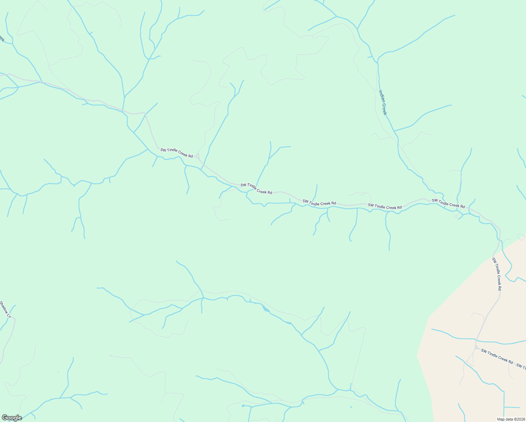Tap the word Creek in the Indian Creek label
click(x=385, y=109)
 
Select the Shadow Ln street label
click(x=6, y=309)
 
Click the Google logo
click(x=12, y=417)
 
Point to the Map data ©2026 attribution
click(x=511, y=419)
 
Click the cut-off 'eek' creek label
click(x=2, y=38)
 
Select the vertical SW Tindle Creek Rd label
click(x=496, y=274)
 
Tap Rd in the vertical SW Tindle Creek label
click(x=499, y=287)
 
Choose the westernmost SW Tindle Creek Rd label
click(x=177, y=153)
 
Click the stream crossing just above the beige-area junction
click(x=476, y=340)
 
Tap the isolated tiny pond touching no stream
click(x=351, y=407)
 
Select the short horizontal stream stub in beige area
click(x=512, y=407)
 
